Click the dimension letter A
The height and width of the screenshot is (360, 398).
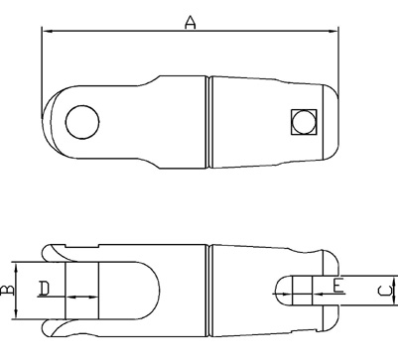(x=191, y=23)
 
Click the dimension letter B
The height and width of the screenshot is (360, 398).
(x=7, y=290)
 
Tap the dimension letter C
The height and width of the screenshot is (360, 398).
(x=385, y=291)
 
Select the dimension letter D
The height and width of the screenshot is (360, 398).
(x=44, y=288)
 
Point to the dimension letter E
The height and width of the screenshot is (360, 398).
(x=338, y=286)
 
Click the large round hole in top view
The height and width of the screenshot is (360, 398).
(x=82, y=122)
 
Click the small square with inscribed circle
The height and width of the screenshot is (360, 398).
(x=304, y=122)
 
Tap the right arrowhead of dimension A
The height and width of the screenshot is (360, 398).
(x=332, y=32)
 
